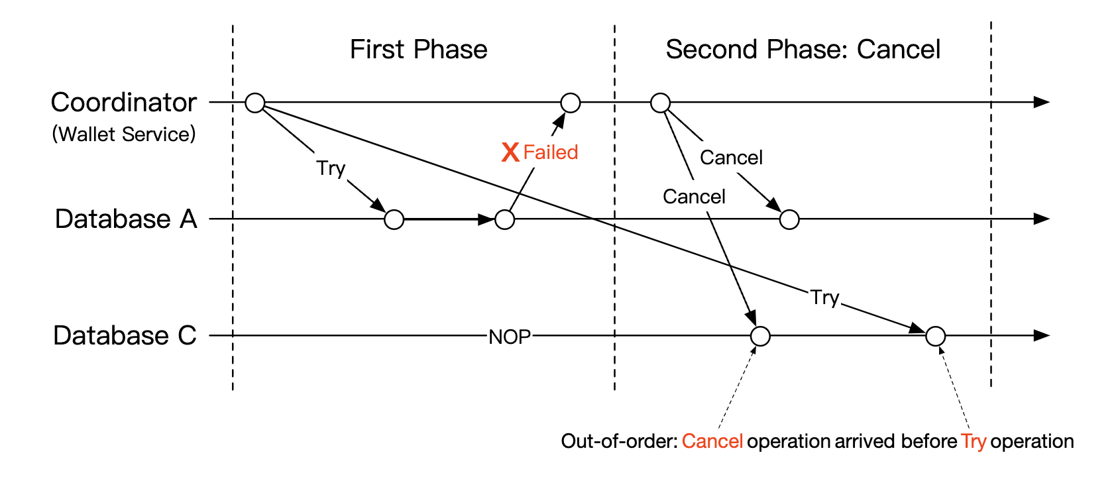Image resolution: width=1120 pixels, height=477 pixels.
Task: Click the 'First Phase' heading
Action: [418, 50]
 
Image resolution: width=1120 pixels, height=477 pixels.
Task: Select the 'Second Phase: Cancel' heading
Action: [803, 50]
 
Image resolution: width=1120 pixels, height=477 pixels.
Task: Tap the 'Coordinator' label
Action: [124, 103]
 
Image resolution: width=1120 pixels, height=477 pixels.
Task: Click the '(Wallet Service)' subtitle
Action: [124, 134]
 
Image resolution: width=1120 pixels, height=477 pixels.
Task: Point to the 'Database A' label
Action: [126, 219]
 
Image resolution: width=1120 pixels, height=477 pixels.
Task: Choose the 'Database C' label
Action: [125, 335]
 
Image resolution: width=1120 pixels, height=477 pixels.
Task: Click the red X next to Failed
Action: [510, 152]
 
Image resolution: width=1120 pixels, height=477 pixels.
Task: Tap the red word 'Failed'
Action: [550, 152]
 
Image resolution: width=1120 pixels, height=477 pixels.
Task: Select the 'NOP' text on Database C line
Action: [510, 337]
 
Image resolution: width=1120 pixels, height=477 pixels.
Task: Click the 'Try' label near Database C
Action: [824, 297]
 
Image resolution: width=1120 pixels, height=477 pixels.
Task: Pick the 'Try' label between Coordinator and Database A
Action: [331, 168]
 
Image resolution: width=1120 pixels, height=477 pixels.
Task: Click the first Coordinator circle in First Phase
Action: [255, 103]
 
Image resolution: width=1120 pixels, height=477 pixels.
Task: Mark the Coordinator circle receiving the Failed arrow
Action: [571, 103]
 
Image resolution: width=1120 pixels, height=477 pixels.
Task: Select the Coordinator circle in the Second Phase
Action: [660, 103]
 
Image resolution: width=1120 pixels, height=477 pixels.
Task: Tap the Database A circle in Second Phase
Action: [789, 219]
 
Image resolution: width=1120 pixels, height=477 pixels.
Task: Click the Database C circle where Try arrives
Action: [935, 337]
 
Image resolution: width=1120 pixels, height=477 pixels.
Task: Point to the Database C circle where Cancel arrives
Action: [760, 337]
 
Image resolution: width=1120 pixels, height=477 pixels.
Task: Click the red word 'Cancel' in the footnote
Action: [712, 441]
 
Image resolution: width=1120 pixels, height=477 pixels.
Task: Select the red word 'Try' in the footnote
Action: [974, 441]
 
